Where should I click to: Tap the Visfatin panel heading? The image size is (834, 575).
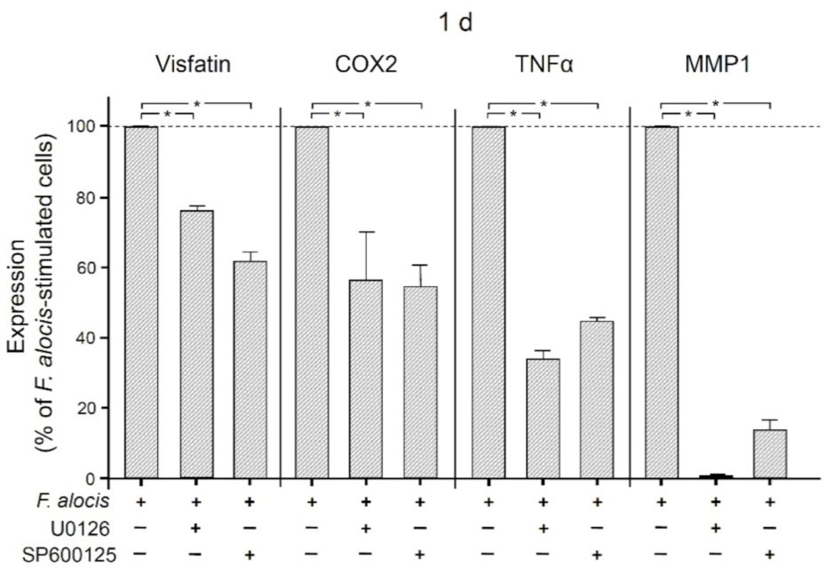click(186, 67)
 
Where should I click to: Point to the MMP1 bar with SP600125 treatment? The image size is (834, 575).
click(770, 454)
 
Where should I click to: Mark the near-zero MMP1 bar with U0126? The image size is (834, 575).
click(716, 476)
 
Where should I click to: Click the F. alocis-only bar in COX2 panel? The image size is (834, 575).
click(311, 302)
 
